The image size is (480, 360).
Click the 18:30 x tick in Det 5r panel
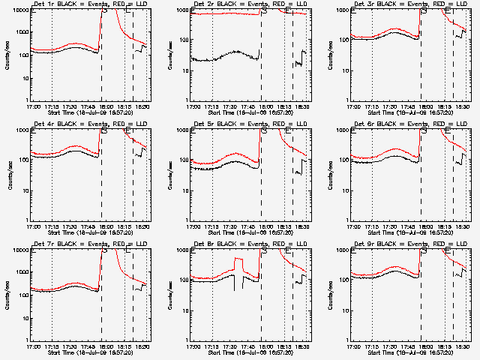pos(304,226)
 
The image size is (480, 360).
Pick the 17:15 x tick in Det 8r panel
pos(213,346)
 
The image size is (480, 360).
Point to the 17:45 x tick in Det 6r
pos(409,226)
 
